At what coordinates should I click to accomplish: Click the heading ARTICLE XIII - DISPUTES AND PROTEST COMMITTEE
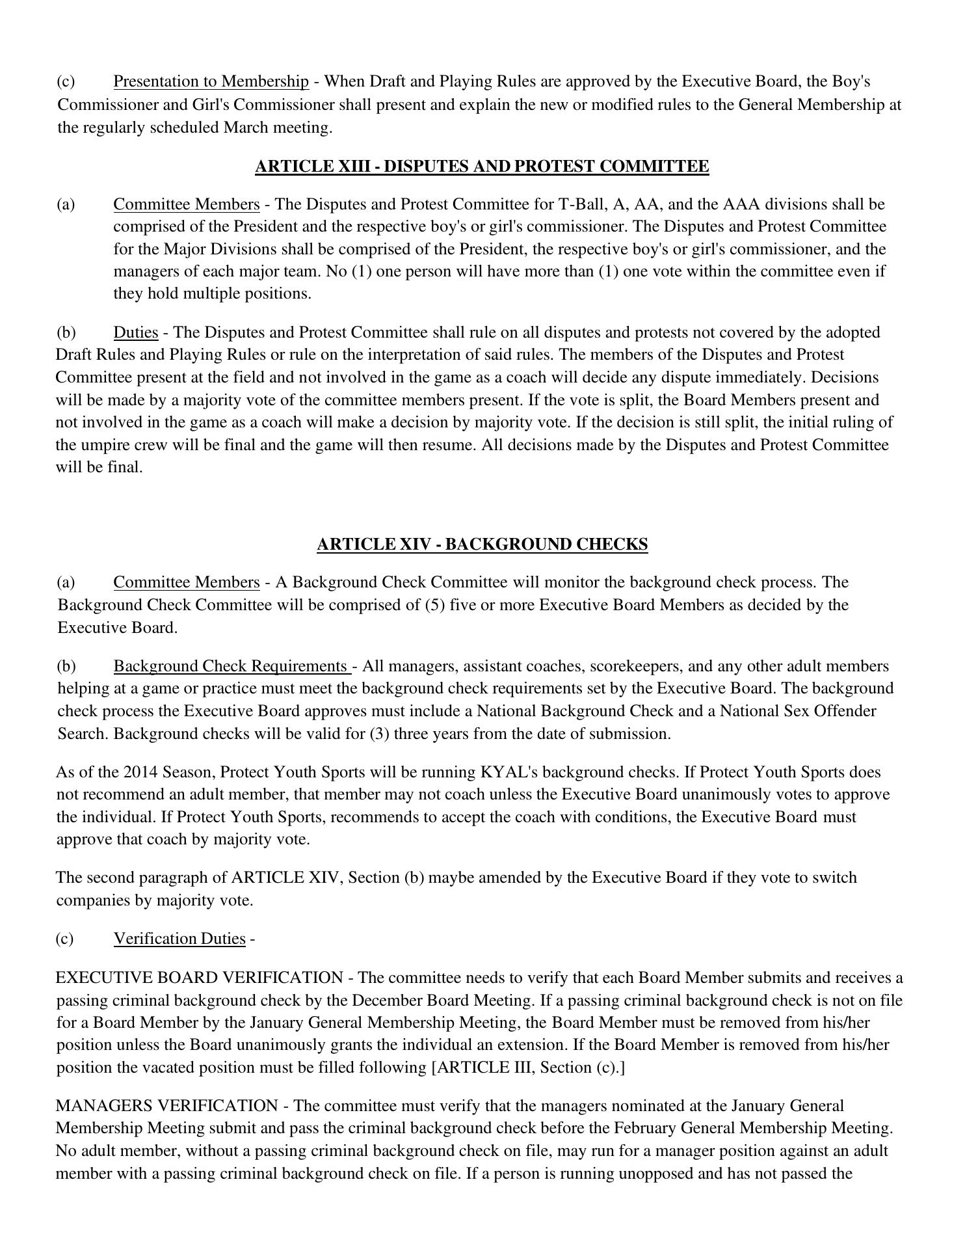(x=482, y=167)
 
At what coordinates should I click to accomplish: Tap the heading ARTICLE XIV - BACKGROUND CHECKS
(x=482, y=544)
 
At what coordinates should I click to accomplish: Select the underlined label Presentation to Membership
(x=211, y=82)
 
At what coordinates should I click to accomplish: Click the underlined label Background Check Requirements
(x=231, y=667)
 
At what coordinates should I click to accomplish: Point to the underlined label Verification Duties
(x=179, y=939)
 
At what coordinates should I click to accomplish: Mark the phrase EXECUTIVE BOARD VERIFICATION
(x=200, y=978)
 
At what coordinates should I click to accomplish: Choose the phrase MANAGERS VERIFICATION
(x=167, y=1107)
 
